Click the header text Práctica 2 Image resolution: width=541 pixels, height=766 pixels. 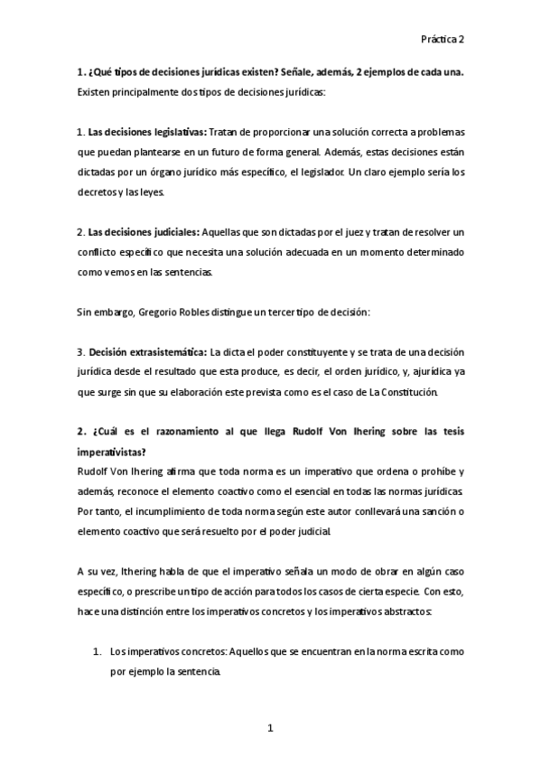[442, 40]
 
